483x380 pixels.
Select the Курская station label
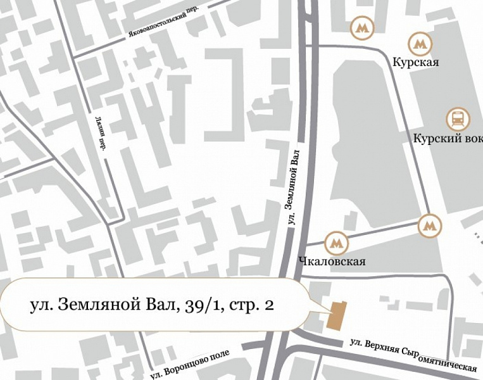click(415, 63)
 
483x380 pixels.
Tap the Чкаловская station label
click(331, 261)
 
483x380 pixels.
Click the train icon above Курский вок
click(456, 118)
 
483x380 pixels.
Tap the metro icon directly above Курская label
click(418, 44)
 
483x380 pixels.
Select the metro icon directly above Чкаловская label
click(336, 243)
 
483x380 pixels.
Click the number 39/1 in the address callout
click(202, 305)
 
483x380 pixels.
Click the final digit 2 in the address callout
click(269, 305)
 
